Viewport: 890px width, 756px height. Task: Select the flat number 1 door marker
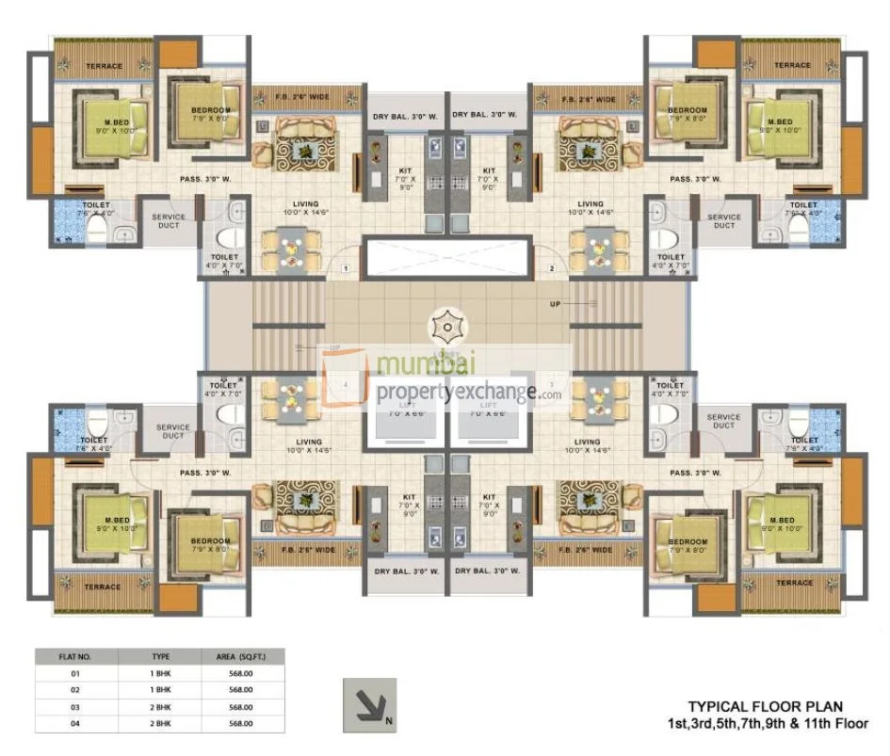pyautogui.click(x=346, y=269)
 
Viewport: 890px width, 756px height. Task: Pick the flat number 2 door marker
pyautogui.click(x=552, y=269)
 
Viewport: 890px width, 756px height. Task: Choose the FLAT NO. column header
pyautogui.click(x=76, y=656)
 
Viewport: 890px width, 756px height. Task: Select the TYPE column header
pyautogui.click(x=160, y=656)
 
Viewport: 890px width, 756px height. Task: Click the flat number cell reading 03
pyautogui.click(x=76, y=706)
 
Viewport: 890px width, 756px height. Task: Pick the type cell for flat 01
pyautogui.click(x=160, y=674)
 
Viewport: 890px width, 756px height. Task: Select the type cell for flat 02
pyautogui.click(x=160, y=690)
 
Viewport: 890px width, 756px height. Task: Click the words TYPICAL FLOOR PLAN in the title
pyautogui.click(x=765, y=705)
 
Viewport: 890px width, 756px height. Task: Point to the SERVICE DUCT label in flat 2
pyautogui.click(x=724, y=221)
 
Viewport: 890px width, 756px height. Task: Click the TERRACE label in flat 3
pyautogui.click(x=794, y=583)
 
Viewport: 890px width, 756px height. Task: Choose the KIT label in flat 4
pyautogui.click(x=409, y=495)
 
